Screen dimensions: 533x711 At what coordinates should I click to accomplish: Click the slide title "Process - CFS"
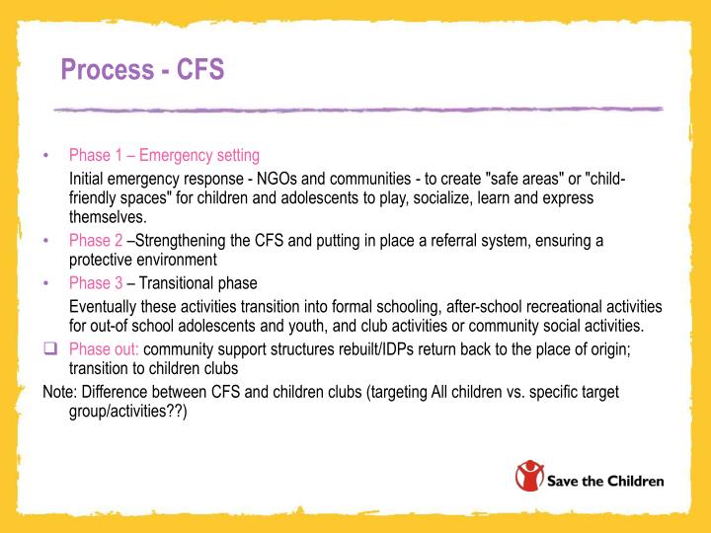click(x=142, y=70)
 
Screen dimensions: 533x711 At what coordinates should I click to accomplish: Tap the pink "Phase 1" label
click(x=96, y=155)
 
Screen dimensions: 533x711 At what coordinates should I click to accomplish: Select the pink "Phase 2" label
click(x=96, y=240)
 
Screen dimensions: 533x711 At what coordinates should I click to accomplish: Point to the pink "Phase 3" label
click(x=96, y=283)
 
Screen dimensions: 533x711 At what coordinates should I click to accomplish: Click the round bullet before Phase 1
click(x=47, y=156)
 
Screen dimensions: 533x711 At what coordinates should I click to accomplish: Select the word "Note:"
click(x=61, y=392)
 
